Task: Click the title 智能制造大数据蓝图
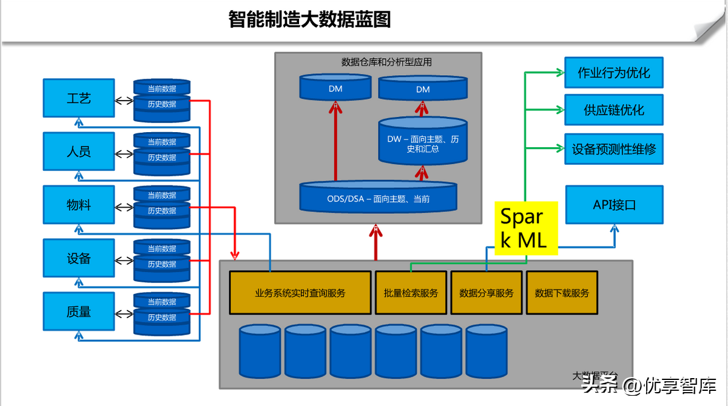coord(309,19)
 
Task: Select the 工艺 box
coord(79,98)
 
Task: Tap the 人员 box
coord(79,151)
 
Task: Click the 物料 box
coord(79,205)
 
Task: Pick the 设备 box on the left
coord(79,258)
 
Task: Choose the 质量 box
coord(79,311)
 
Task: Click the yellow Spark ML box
coord(525,228)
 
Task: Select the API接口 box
coord(614,205)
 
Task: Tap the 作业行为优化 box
coord(614,73)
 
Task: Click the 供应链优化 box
coord(614,110)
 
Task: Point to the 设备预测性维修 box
coord(614,148)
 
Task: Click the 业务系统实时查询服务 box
coord(300,293)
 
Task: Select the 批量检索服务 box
coord(411,293)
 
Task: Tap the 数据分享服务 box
coord(487,293)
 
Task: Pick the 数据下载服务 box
coord(562,293)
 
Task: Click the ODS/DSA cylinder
coord(378,198)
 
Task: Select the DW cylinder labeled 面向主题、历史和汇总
coord(423,143)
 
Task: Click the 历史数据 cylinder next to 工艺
coord(162,105)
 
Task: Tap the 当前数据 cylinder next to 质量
coord(162,301)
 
